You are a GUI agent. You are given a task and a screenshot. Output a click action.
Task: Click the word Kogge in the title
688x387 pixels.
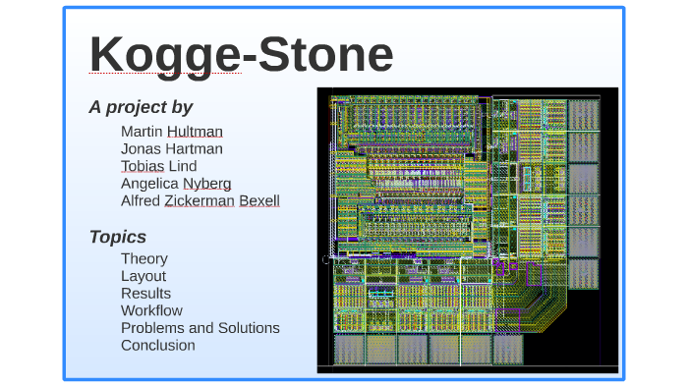(x=165, y=55)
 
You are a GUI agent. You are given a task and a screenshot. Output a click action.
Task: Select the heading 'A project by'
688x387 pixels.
(x=141, y=107)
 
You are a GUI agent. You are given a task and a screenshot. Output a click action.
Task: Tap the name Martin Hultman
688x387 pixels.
(x=172, y=131)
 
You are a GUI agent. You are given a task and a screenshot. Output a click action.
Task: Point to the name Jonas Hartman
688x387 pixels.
(x=172, y=148)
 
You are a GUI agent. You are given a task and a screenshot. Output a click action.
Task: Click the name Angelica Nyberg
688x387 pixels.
(x=176, y=184)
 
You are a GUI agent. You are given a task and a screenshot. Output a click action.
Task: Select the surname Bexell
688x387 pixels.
(x=259, y=201)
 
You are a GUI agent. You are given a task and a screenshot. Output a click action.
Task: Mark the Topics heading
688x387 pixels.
(x=118, y=237)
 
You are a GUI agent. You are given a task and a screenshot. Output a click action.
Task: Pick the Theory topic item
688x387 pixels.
(x=144, y=258)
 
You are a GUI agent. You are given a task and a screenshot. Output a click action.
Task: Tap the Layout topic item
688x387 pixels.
(x=143, y=276)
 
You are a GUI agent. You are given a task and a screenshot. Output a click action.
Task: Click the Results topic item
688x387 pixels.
(x=145, y=294)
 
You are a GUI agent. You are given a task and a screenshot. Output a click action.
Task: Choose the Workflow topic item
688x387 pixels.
(x=151, y=311)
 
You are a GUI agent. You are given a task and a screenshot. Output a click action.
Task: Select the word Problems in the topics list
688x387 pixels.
(x=152, y=328)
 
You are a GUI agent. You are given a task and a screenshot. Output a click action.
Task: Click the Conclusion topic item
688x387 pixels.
(x=158, y=346)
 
